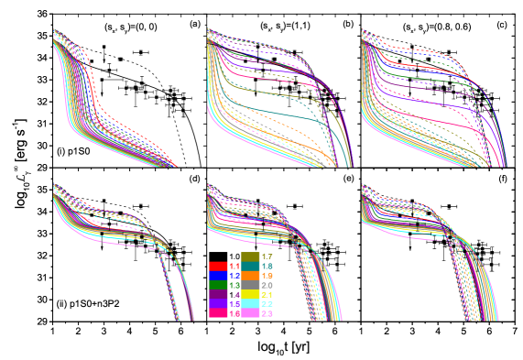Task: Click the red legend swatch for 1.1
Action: coord(218,266)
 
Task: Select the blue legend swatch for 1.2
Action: coord(218,275)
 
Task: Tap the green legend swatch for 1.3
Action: coord(218,285)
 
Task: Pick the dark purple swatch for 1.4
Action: coord(218,294)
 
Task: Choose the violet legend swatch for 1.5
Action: coord(218,303)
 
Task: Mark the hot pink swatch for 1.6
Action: coord(218,313)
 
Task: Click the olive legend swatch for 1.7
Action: coord(250,256)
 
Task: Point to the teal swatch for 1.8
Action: coord(250,266)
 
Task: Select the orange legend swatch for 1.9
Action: coord(250,275)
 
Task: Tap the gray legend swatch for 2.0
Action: coord(250,285)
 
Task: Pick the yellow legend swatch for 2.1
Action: coord(250,294)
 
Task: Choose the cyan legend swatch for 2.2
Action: coord(250,303)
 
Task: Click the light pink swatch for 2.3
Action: coord(250,313)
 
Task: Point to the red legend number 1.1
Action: coord(234,266)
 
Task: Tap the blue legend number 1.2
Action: coord(234,275)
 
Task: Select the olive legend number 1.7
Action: coord(267,256)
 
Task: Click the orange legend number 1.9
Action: coord(267,275)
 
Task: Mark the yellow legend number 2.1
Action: coord(267,294)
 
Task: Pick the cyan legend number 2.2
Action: coord(267,303)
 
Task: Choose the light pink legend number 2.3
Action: coord(267,313)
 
